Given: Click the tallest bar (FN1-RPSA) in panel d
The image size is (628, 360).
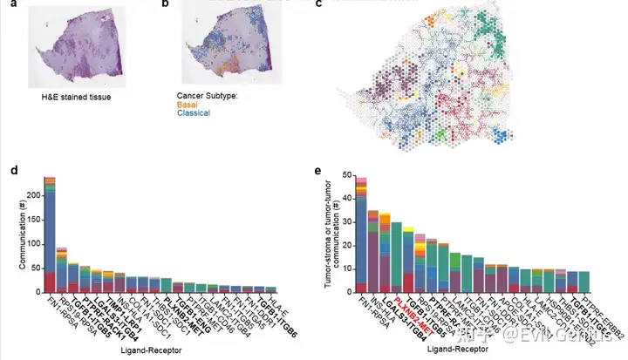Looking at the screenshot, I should tap(49, 235).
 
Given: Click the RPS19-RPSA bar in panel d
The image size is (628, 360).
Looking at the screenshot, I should tap(62, 270).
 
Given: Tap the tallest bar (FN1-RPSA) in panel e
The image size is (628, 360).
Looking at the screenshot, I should tap(361, 235).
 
